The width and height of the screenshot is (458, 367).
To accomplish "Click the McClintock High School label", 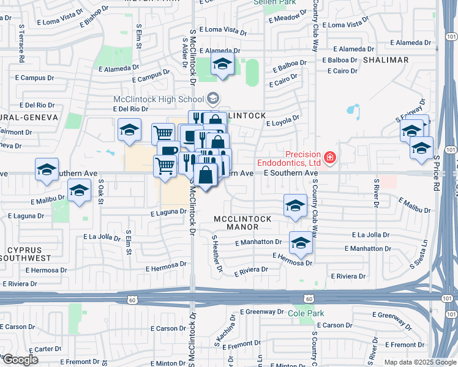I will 158,100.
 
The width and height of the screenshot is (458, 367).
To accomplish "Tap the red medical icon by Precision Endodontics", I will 330,158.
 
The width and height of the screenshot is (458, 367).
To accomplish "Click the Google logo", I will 20,360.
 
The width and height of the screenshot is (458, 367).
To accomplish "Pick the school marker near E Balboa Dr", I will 223,64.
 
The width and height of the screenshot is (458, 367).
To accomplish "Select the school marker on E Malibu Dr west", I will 78,191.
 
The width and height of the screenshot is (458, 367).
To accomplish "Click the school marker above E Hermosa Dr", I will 300,244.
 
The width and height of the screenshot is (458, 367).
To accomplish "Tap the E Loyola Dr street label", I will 282,121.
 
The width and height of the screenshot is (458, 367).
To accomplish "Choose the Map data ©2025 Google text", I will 419,362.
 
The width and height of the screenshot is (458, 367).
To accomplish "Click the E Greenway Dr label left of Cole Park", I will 259,311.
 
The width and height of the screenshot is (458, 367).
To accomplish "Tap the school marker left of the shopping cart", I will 129,130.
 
